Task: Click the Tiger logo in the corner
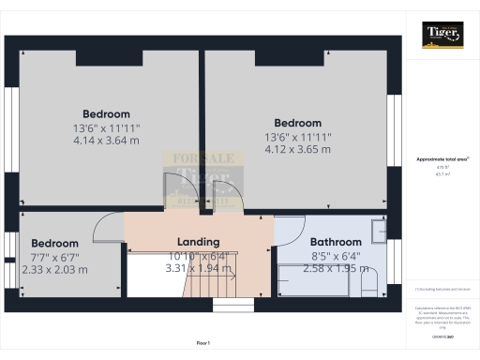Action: [442, 34]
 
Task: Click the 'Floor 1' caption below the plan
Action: [202, 343]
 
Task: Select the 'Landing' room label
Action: [198, 241]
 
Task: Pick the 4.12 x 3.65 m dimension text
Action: [297, 149]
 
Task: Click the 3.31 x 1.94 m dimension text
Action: [197, 268]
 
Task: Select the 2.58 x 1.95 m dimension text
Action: [335, 268]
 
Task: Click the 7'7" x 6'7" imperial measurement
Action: [53, 256]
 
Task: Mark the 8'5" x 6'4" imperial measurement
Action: [335, 255]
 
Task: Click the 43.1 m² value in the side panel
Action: [441, 173]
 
